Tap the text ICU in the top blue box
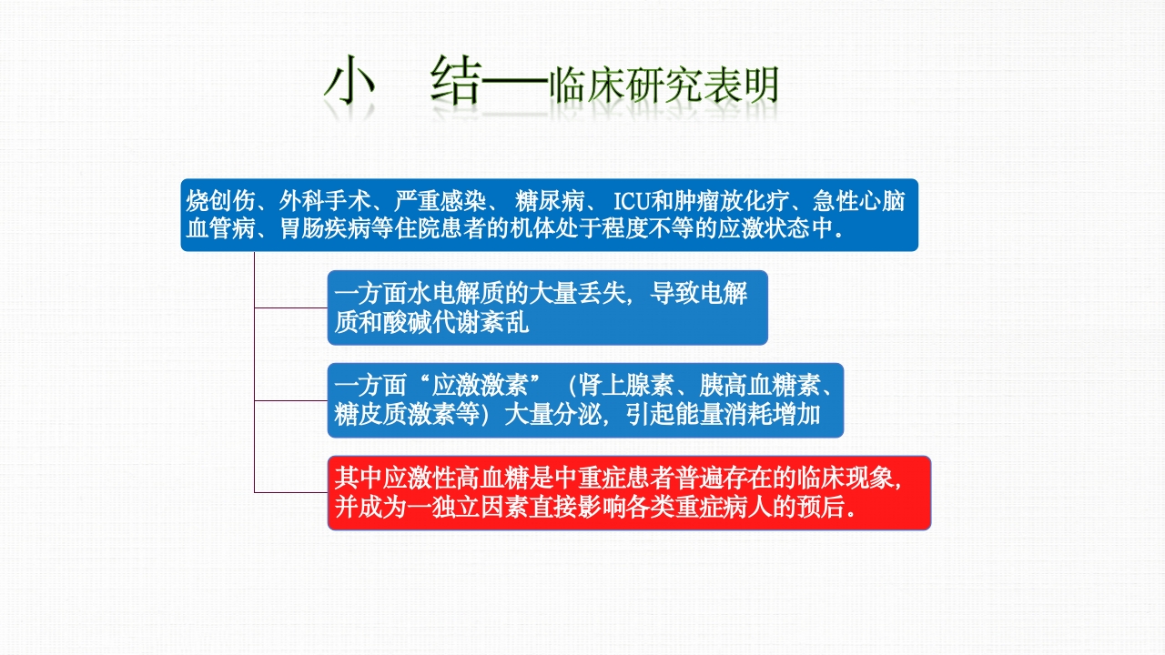pyautogui.click(x=632, y=201)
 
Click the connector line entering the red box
pyautogui.click(x=291, y=492)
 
